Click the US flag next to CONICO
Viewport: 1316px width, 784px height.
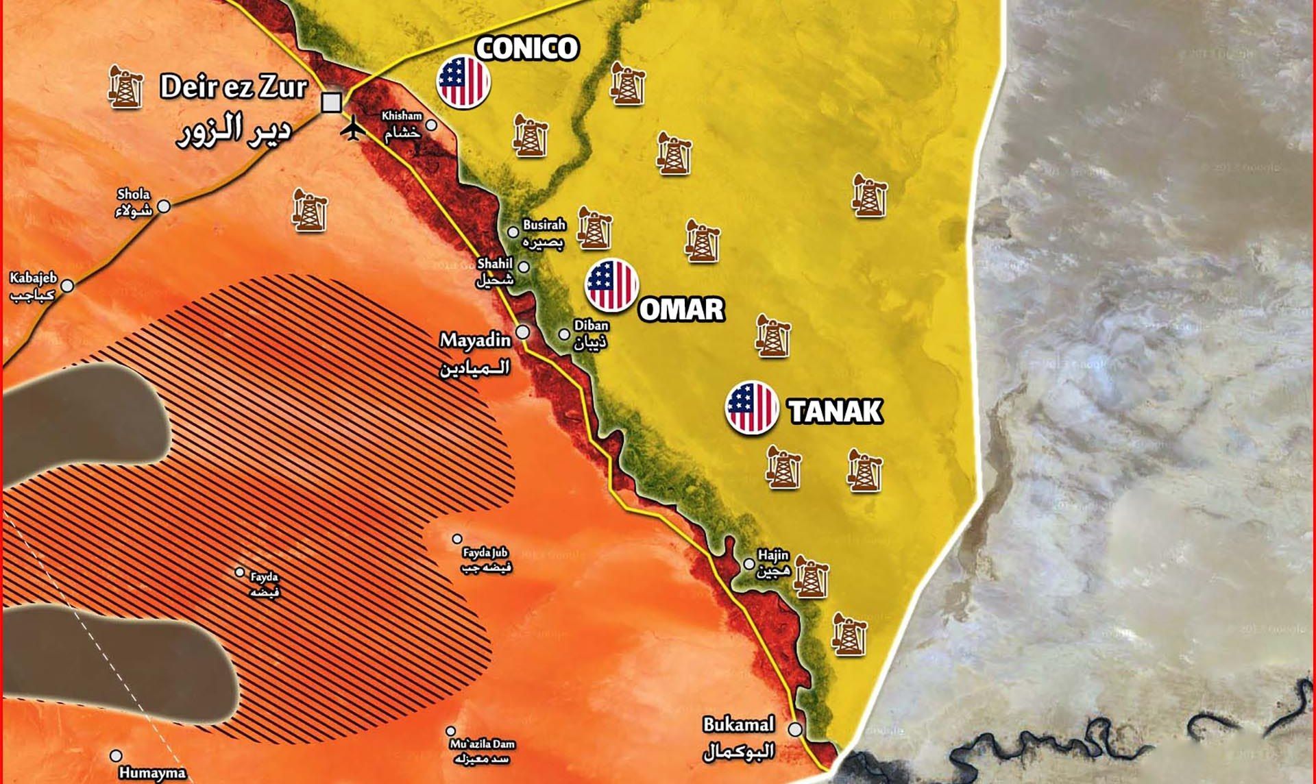[463, 81]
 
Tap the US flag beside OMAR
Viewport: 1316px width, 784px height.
[612, 284]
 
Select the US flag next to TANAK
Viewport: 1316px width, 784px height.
[752, 408]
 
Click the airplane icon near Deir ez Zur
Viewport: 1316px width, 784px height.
[354, 128]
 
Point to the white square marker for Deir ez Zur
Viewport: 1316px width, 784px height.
[332, 103]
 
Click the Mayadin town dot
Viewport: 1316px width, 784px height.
[523, 332]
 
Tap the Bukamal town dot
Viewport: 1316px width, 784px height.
[795, 729]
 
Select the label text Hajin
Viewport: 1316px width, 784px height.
[773, 555]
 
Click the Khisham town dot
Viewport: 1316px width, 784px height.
[432, 125]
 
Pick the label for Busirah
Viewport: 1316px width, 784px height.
[544, 225]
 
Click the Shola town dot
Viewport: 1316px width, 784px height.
[164, 206]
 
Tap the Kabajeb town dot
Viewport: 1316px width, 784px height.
[67, 286]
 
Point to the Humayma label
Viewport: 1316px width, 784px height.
[152, 774]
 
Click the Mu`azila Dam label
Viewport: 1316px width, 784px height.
[483, 744]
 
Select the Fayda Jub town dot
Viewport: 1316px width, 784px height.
[457, 539]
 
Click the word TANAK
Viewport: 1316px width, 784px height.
[835, 412]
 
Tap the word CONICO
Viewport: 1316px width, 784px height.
[527, 48]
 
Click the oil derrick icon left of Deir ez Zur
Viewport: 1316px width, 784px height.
[125, 87]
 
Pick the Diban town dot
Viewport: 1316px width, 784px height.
[564, 334]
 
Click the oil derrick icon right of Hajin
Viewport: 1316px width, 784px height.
[811, 578]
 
